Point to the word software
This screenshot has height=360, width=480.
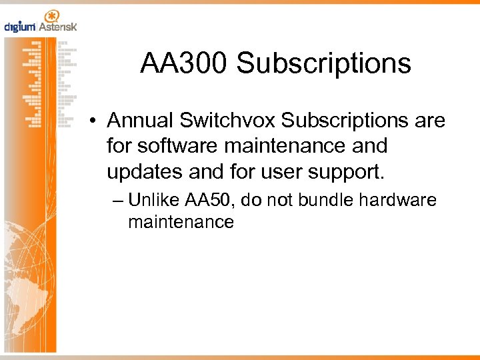coord(169,146)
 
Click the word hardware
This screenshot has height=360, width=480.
coord(405,200)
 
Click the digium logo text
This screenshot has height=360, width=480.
coord(20,27)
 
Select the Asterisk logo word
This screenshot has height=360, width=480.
coord(58,27)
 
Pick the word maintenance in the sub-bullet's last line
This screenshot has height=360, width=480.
coord(181,222)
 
